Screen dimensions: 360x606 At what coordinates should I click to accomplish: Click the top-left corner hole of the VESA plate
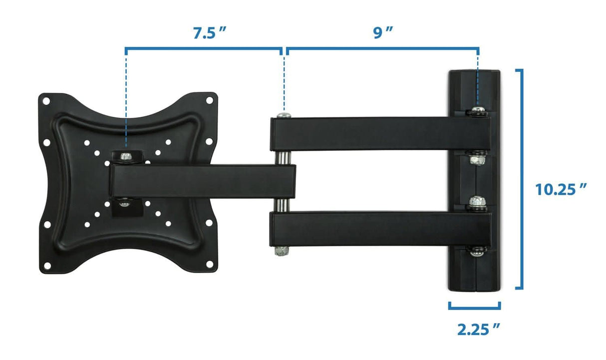pos(46,101)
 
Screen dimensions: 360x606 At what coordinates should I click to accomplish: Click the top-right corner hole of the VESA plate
pos(209,101)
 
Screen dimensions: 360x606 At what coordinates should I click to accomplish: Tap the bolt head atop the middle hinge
pos(284,115)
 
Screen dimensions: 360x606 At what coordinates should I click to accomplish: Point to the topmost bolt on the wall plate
pos(478,111)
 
